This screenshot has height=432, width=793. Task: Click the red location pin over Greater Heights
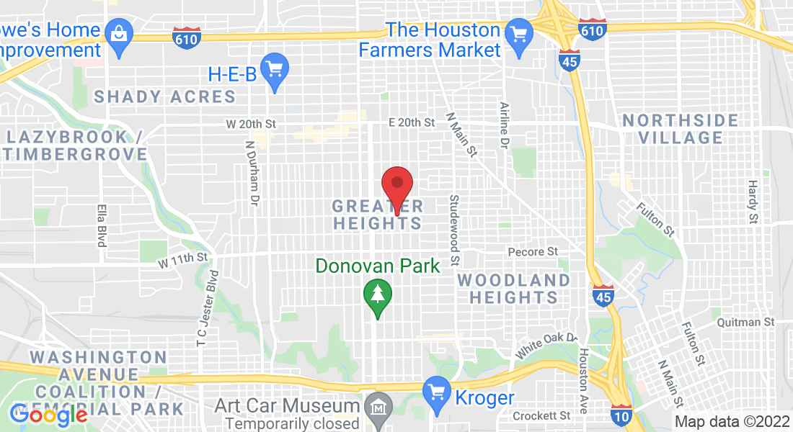click(396, 185)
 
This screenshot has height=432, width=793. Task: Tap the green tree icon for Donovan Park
click(376, 295)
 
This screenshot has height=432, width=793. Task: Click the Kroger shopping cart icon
click(436, 391)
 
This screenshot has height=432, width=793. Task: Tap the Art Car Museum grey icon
click(378, 408)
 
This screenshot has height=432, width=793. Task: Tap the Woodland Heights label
click(513, 288)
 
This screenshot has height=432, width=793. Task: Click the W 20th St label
click(251, 124)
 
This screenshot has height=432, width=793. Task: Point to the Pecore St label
click(533, 252)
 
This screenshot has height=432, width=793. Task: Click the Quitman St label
click(745, 322)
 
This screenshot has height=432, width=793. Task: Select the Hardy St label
click(753, 202)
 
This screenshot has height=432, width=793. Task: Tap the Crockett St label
click(541, 415)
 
